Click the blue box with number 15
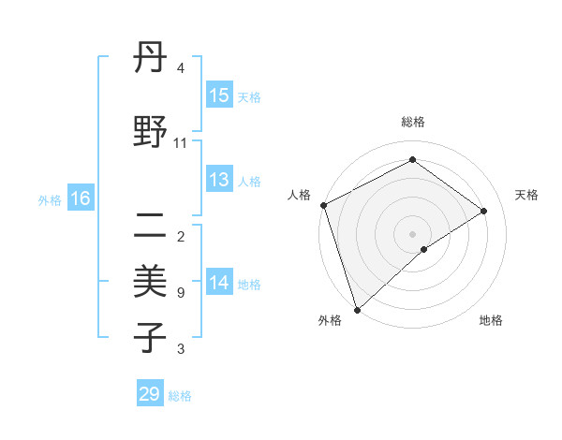pos(219,95)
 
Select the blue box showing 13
pos(219,181)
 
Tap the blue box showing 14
pos(219,283)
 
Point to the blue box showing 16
pos(81,198)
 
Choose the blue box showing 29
pos(150,394)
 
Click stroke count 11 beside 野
pos(181,143)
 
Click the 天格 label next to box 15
pos(249,96)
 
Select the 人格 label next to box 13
pos(249,182)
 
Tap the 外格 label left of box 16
pos(50,199)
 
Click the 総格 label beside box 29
pos(180,395)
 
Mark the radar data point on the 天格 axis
pos(484,211)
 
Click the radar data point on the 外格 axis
pos(357,308)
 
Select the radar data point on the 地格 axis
pos(424,249)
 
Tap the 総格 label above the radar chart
pos(412,122)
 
